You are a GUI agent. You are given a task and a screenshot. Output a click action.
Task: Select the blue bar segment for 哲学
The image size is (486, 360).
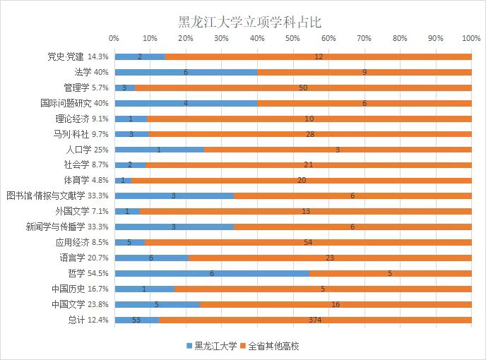point(212,272)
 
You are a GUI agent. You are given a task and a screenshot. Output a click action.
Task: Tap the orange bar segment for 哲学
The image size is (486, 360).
point(390,272)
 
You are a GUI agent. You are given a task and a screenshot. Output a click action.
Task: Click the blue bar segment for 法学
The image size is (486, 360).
point(186,72)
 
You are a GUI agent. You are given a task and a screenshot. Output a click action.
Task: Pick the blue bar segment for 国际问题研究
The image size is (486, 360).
point(186,103)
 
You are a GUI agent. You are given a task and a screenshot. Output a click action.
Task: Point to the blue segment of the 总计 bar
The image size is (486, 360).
point(136,320)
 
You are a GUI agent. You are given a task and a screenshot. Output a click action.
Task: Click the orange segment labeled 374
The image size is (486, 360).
point(315,320)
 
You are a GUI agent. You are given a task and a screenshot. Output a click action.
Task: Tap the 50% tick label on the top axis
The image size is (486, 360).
point(292,37)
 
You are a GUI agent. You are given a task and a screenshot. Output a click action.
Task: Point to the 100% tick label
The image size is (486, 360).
point(470,37)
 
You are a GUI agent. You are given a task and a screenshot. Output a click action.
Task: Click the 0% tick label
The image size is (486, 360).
point(114,37)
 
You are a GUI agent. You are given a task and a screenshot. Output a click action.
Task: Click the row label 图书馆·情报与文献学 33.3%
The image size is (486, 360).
point(57,196)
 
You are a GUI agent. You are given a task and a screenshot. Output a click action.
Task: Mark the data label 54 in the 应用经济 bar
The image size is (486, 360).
point(307,242)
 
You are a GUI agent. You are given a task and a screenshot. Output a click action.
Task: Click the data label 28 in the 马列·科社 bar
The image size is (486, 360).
point(310,134)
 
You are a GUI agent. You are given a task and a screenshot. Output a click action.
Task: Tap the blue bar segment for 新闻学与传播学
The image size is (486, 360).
point(174,227)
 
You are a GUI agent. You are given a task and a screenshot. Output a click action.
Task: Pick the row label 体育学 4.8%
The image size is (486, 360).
point(91,181)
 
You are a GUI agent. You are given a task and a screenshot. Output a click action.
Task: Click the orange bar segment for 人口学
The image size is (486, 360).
point(338,150)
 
